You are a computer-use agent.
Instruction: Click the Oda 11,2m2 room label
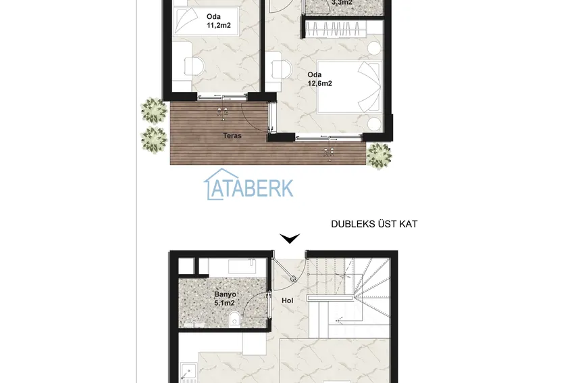coord(219,21)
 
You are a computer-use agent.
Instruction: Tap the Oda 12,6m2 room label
coord(319,79)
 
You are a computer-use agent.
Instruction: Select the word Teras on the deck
coord(232,136)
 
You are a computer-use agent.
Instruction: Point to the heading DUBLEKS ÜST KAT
coord(374,224)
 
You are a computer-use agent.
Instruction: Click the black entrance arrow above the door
coord(290,238)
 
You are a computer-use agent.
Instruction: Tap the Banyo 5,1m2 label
coord(225,298)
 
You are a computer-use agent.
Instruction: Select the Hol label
coord(288,300)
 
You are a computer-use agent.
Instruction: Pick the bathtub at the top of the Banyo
coord(242,266)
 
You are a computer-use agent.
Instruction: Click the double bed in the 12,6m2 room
coord(350,87)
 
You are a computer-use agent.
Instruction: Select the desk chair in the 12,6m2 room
coord(282,69)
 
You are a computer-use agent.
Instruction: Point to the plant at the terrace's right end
coord(380,156)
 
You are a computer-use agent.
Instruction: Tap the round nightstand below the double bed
coord(375,124)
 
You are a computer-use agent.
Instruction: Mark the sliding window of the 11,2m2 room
coord(223,97)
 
